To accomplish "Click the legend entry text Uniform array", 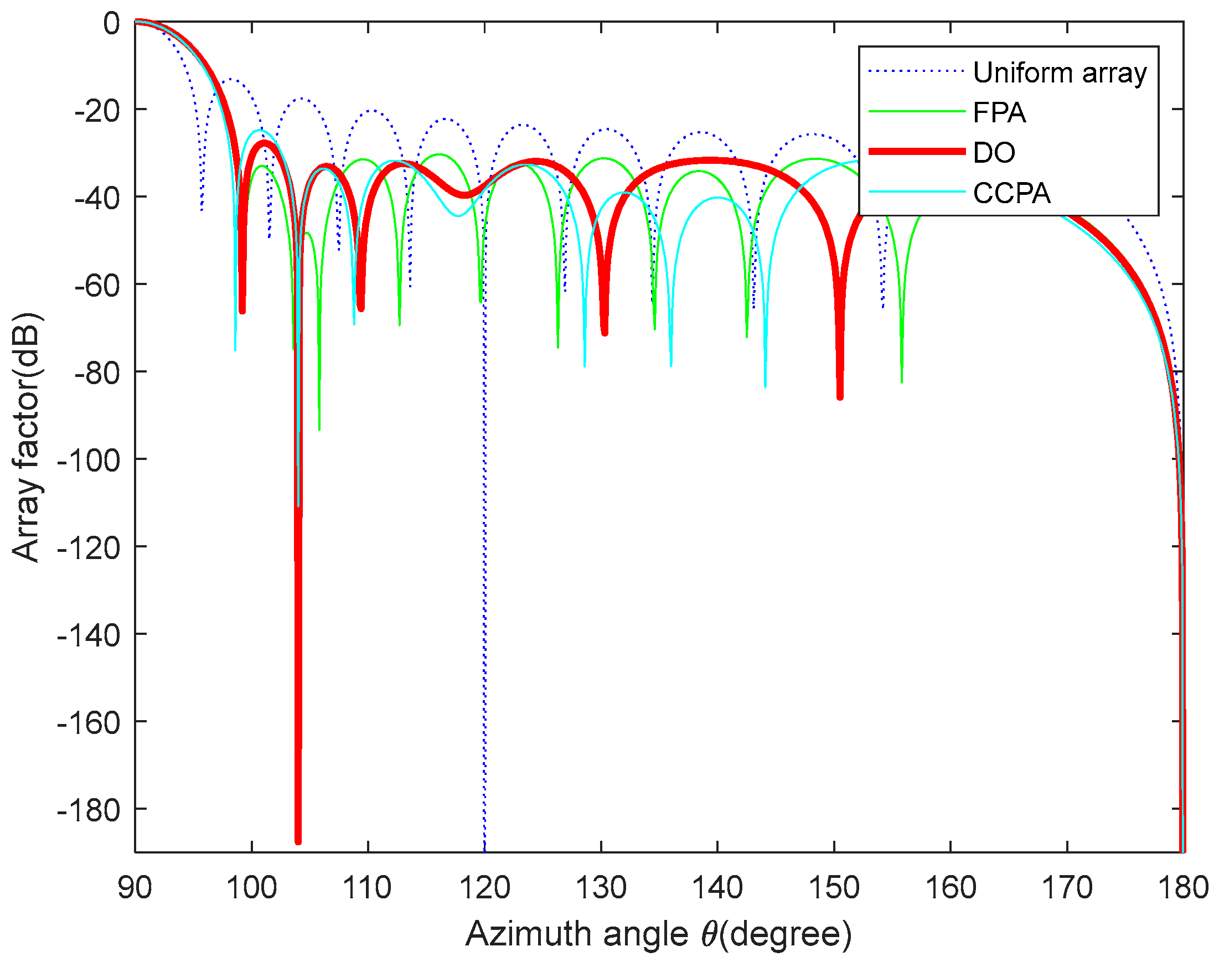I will pyautogui.click(x=1060, y=73).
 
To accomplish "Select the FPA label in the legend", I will pyautogui.click(x=999, y=113).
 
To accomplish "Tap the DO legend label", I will pyautogui.click(x=994, y=153).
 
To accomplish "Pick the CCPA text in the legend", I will pyautogui.click(x=1012, y=193).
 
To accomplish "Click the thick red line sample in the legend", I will pyautogui.click(x=917, y=151).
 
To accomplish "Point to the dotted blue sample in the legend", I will pyautogui.click(x=917, y=71).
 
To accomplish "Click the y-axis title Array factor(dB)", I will pyautogui.click(x=26, y=437).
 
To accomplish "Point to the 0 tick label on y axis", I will pyautogui.click(x=111, y=24).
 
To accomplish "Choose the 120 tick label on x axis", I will pyautogui.click(x=485, y=888).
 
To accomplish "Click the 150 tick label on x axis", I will pyautogui.click(x=834, y=888).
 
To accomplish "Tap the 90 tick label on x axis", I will pyautogui.click(x=135, y=888).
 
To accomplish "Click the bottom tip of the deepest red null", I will pyautogui.click(x=298, y=841).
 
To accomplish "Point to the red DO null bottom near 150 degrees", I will pyautogui.click(x=840, y=397).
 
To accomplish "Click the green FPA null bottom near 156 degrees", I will pyautogui.click(x=902, y=381).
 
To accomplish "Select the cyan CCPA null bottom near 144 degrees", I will pyautogui.click(x=765, y=386).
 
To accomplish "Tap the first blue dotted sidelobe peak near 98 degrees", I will pyautogui.click(x=231, y=79).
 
